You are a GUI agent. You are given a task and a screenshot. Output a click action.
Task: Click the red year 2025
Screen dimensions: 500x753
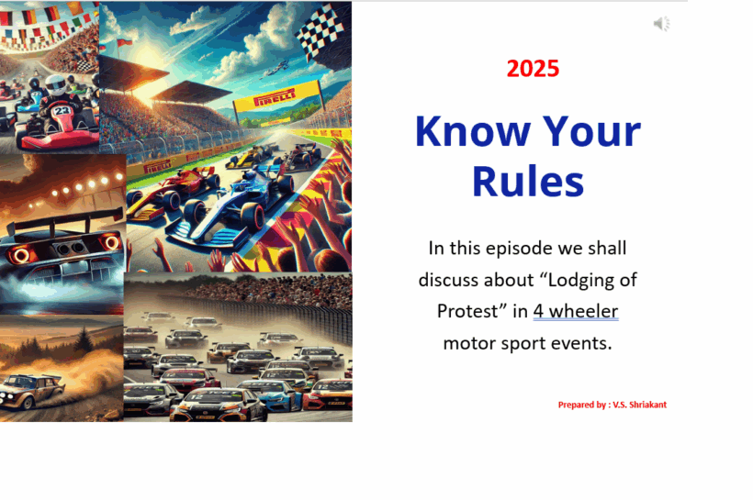(533, 69)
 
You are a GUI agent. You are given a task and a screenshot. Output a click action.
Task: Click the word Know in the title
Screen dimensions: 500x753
(470, 132)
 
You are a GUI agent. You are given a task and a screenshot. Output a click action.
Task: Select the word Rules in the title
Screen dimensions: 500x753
(528, 181)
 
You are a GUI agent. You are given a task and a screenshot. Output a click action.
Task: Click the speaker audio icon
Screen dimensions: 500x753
(661, 24)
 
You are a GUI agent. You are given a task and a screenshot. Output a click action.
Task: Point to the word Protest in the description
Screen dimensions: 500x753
(468, 310)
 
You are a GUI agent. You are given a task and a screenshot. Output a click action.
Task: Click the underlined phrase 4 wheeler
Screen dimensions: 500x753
(576, 310)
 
